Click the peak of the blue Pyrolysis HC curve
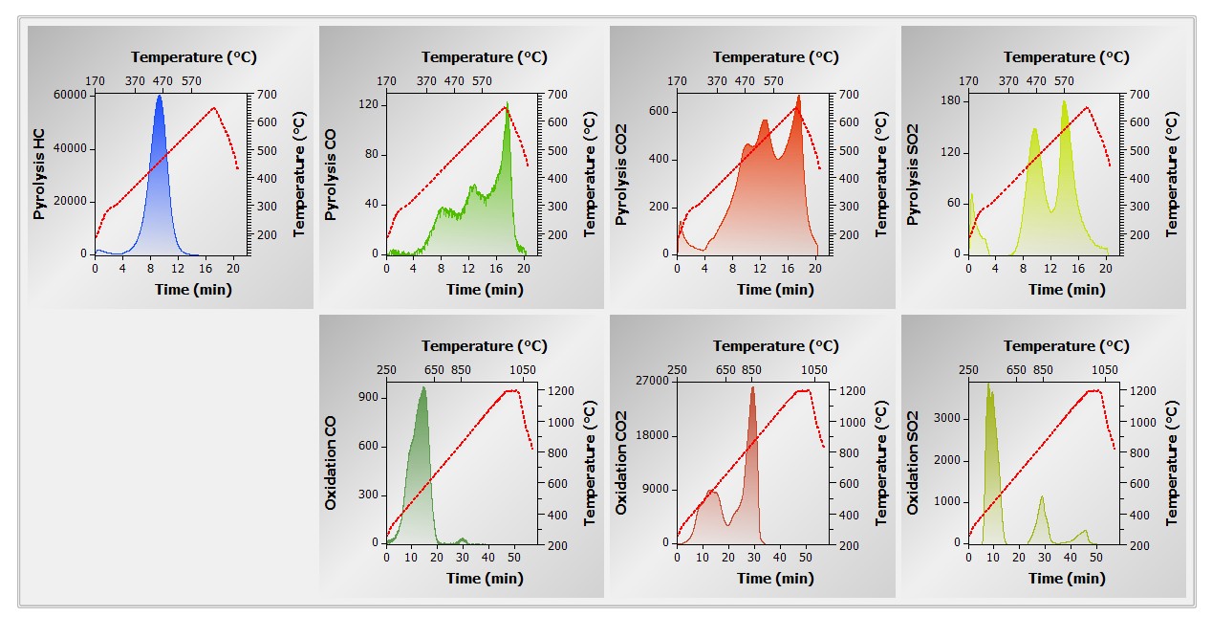pyautogui.click(x=160, y=96)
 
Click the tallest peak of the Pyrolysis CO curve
pyautogui.click(x=508, y=103)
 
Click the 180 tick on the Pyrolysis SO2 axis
pyautogui.click(x=949, y=100)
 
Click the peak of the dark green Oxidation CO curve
pyautogui.click(x=422, y=387)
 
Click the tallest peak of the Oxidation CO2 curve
pyautogui.click(x=753, y=386)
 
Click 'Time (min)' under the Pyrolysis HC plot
pyautogui.click(x=193, y=290)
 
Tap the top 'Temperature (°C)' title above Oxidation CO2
pyautogui.click(x=775, y=346)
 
